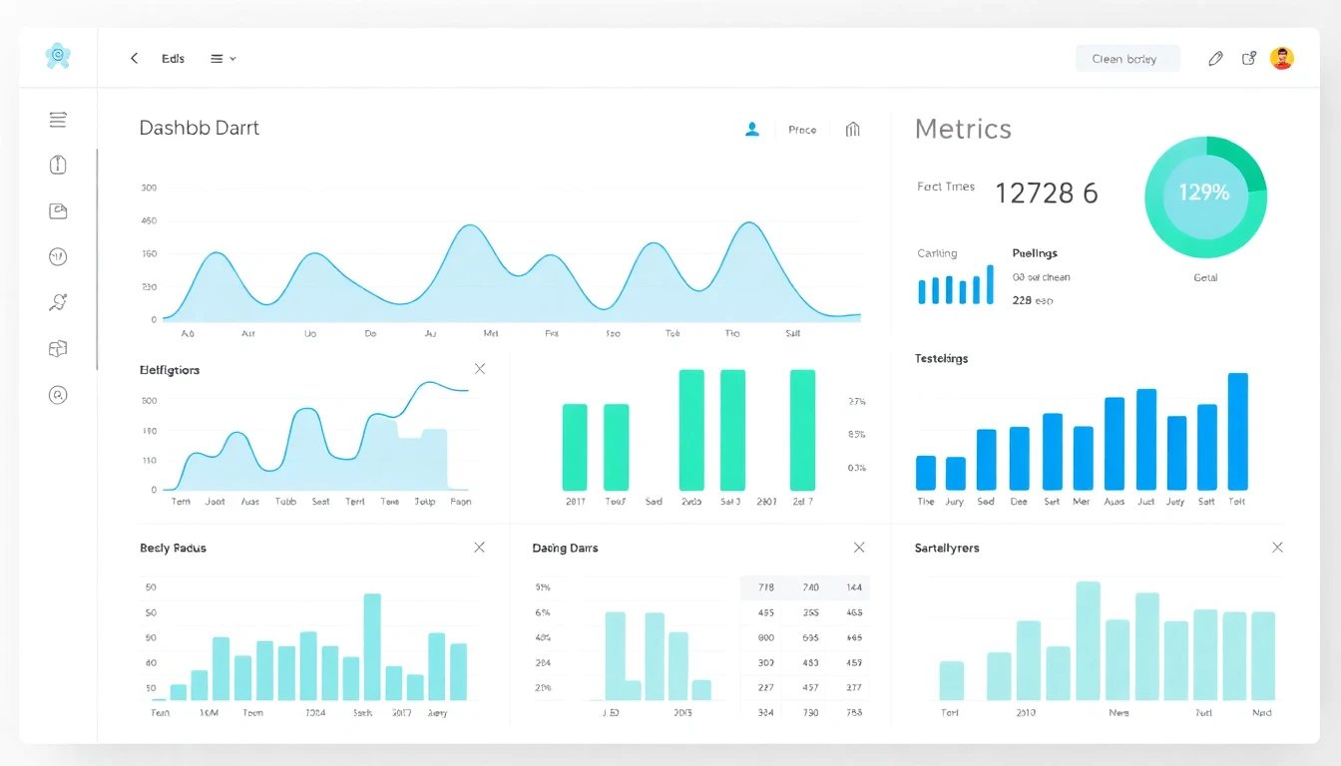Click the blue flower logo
[58, 57]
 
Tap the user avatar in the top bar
[1281, 59]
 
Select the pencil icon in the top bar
[1214, 59]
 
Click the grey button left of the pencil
[1126, 59]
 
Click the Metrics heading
[963, 129]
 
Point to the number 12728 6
[1046, 193]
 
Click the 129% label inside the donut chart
[1204, 193]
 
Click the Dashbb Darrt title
[200, 128]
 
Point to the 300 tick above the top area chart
[149, 188]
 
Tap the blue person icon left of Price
[752, 129]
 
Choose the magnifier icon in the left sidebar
[58, 395]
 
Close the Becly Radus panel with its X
[479, 548]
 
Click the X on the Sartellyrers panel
[1277, 548]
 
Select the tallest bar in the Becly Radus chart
[372, 645]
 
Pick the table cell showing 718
[765, 588]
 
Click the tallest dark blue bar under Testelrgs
[1237, 431]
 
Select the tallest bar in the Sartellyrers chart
[1088, 640]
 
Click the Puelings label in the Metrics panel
[1035, 253]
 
